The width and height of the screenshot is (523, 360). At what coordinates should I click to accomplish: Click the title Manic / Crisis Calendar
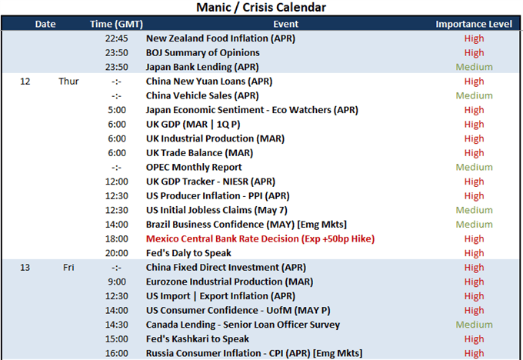pos(261,7)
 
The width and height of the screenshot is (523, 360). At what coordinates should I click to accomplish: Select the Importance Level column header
pos(474,24)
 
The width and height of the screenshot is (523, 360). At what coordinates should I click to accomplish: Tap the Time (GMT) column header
pos(116,24)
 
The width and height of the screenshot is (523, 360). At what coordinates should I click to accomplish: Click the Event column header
pos(286,24)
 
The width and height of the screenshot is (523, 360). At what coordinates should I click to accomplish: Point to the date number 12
pos(25,82)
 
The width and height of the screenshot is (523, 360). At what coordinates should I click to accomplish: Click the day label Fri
pos(68,268)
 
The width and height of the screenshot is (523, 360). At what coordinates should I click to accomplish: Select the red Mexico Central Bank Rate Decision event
pos(260,239)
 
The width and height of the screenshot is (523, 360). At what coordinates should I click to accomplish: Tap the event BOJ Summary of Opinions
pos(203,53)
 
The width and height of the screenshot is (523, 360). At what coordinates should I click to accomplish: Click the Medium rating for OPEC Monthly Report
pos(474,167)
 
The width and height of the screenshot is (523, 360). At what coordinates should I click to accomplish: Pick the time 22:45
pos(116,38)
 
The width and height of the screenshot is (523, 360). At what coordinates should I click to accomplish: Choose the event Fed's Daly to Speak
pos(188,253)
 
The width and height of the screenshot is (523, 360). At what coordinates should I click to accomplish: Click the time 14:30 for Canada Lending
pos(116,325)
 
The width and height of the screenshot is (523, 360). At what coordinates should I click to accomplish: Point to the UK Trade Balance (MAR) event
pos(199,153)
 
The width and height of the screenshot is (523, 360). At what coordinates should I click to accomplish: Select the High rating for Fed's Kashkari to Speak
pos(474,339)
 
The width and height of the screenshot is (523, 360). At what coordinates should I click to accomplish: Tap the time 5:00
pos(117,110)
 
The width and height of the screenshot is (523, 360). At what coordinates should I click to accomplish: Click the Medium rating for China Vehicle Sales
pos(474,95)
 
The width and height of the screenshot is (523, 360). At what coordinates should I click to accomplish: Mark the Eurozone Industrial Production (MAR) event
pos(229,282)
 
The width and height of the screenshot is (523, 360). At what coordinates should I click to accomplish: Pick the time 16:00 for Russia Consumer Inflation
pos(116,353)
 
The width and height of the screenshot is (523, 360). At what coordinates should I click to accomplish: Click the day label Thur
pos(68,82)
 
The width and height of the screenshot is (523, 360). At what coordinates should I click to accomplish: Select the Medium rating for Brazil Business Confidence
pos(474,225)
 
